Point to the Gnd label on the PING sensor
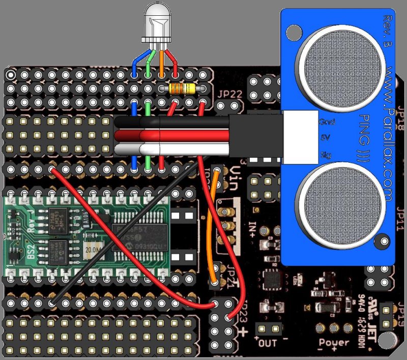pos(325,123)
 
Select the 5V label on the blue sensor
pos(326,138)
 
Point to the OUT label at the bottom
pos(268,343)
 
